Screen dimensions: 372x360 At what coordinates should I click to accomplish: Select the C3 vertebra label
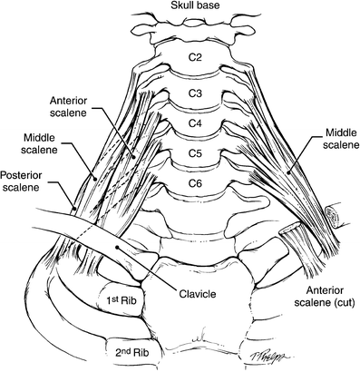click(x=183, y=93)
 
